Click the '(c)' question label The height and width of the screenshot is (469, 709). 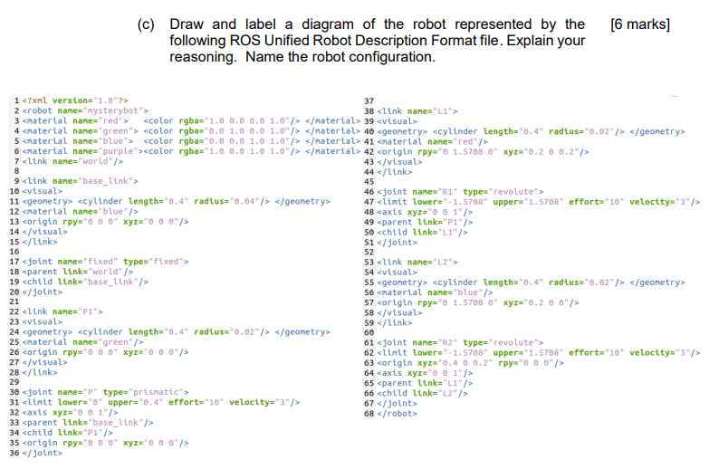pyautogui.click(x=147, y=24)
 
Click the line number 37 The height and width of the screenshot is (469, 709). pyautogui.click(x=368, y=100)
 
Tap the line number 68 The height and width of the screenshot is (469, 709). pyautogui.click(x=368, y=414)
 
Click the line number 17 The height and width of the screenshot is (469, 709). pyautogui.click(x=14, y=262)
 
